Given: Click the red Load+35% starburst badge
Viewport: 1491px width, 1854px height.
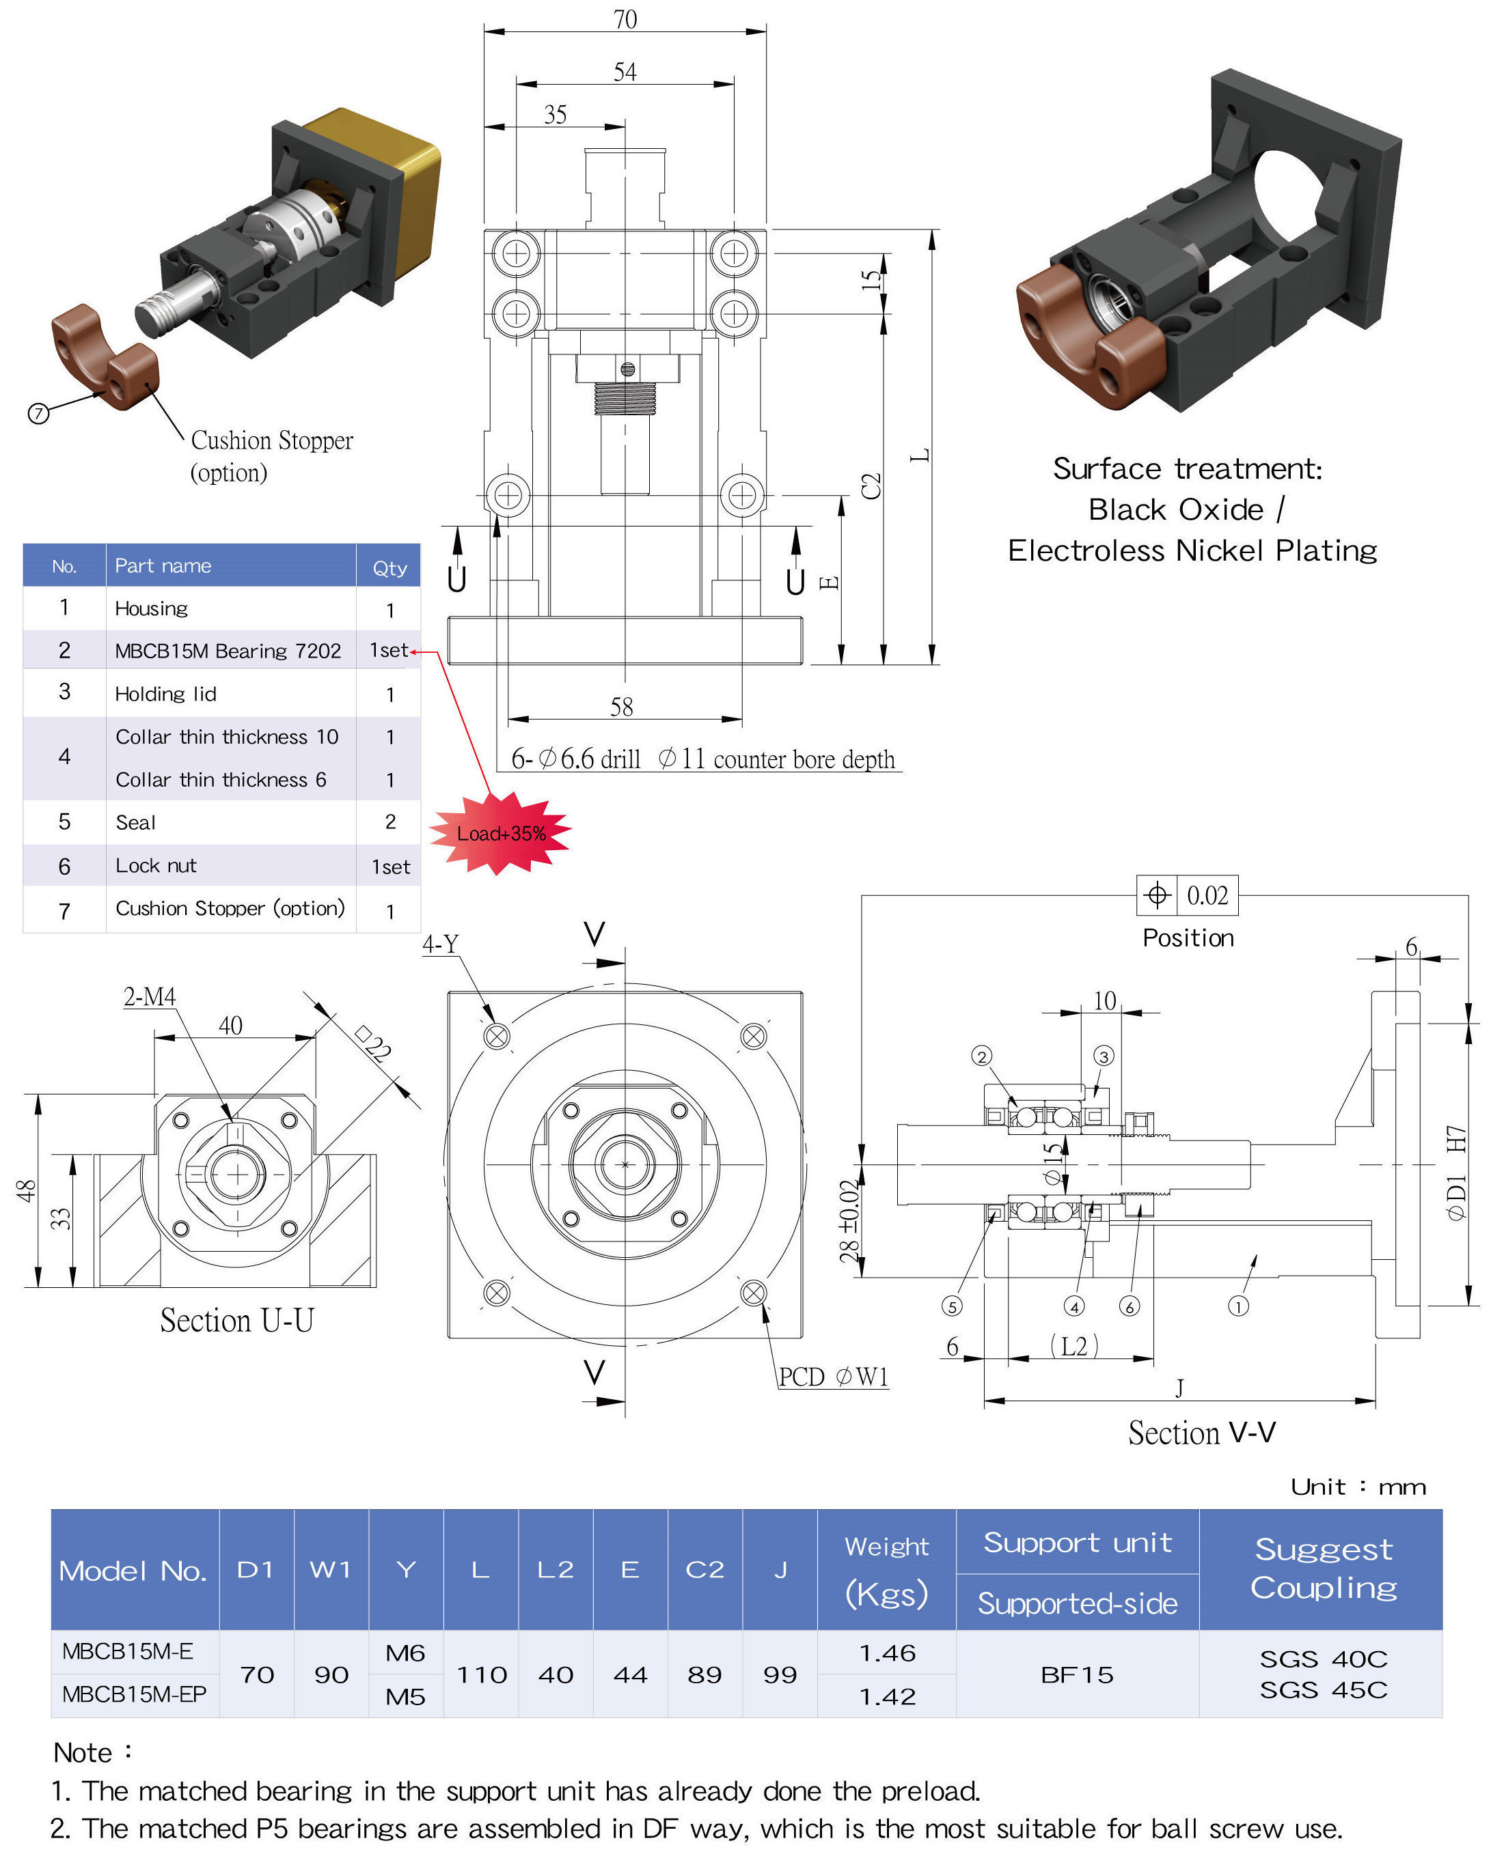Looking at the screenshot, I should click(x=501, y=832).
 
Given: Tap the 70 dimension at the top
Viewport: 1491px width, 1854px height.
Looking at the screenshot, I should click(x=625, y=19).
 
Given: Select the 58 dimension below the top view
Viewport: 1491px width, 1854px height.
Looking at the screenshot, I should click(x=621, y=707).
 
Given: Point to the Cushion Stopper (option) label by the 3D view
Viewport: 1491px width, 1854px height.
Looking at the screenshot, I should click(x=271, y=455).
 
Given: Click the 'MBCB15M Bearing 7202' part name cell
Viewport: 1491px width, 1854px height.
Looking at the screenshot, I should click(x=228, y=651).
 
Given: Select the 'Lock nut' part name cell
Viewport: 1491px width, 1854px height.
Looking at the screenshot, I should click(x=156, y=866).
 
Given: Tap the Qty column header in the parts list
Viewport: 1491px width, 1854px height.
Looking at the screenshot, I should click(x=389, y=567).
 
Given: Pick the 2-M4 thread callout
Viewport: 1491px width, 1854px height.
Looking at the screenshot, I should click(x=150, y=997).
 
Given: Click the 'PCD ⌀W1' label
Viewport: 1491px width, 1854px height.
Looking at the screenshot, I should click(x=833, y=1377).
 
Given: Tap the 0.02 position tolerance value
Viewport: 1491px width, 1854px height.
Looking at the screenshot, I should click(x=1207, y=895).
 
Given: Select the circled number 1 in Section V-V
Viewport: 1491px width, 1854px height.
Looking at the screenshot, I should click(x=1238, y=1307).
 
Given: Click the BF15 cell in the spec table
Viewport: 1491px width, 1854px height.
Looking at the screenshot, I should click(x=1077, y=1674).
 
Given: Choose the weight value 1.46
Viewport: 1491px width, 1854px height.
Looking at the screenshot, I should click(x=887, y=1653).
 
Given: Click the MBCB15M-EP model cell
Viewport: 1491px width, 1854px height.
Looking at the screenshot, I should click(x=134, y=1694).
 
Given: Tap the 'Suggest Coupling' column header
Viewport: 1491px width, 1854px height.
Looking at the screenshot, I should click(x=1323, y=1569).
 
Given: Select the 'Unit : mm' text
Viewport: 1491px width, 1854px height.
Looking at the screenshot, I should click(x=1358, y=1487).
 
